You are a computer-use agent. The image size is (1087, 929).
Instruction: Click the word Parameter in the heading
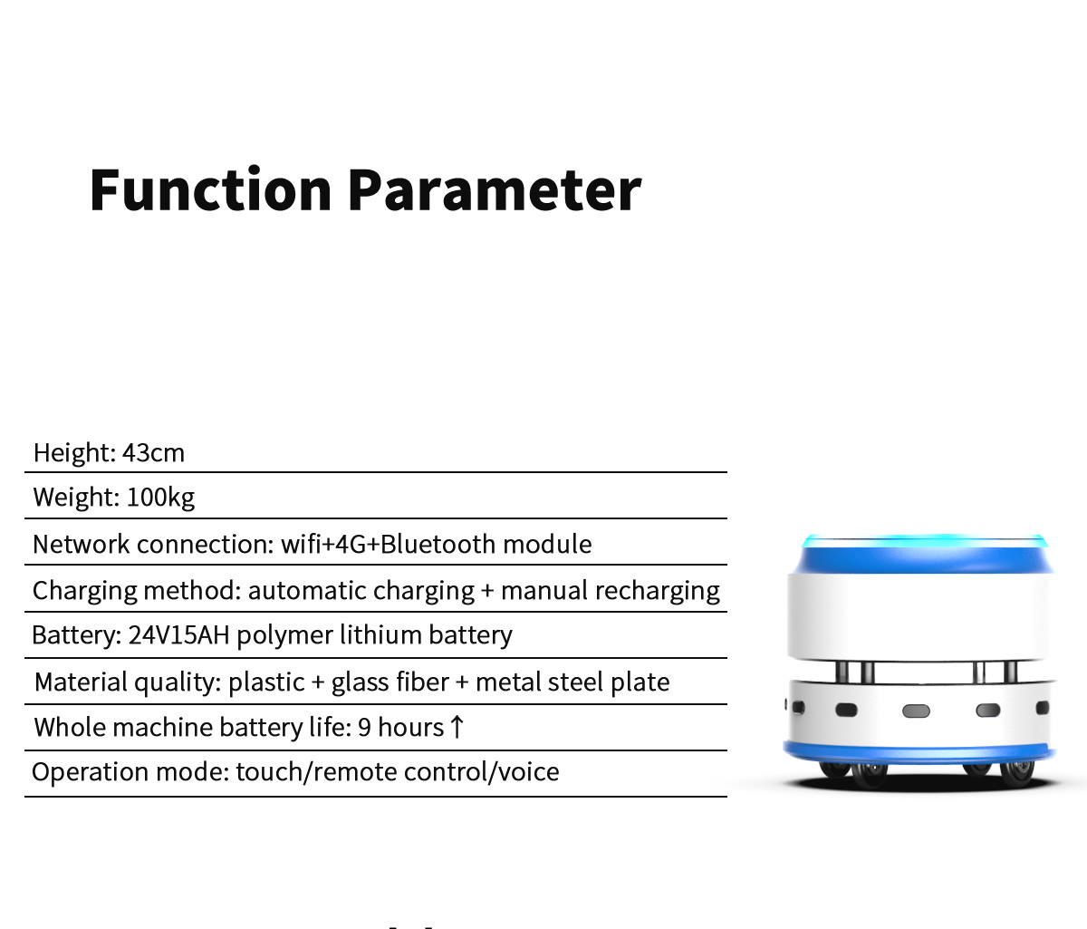(495, 190)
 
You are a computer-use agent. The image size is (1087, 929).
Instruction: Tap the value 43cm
(154, 452)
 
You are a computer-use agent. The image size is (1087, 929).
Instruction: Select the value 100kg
(160, 498)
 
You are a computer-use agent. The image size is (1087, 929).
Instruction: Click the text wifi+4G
(322, 544)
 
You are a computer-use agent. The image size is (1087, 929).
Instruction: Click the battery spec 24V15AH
(178, 635)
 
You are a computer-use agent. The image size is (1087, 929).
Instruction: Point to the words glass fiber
(390, 682)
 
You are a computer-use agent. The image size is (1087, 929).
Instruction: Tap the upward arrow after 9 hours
(457, 727)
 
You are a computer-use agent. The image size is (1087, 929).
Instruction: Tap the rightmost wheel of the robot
(1016, 774)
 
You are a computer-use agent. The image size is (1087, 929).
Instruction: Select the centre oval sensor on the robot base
(916, 711)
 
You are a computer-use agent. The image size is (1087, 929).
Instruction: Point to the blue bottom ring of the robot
(919, 751)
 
